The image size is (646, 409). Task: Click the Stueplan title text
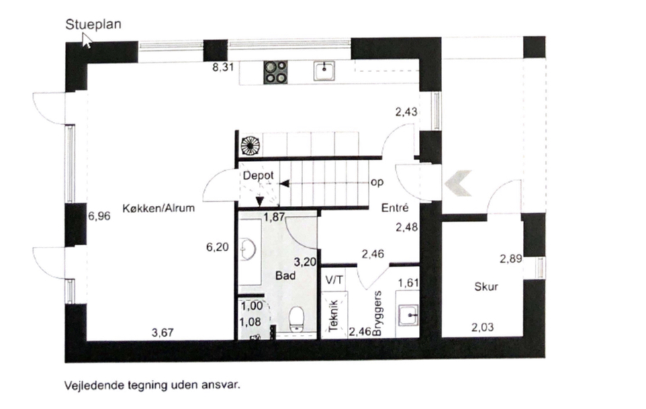tap(93, 24)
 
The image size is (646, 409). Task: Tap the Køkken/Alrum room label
tap(159, 208)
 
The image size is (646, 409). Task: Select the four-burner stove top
tap(275, 72)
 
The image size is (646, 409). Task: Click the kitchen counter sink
tap(324, 71)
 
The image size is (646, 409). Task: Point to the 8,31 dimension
tap(223, 67)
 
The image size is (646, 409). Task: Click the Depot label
tap(258, 175)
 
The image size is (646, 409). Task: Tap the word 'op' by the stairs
tap(377, 182)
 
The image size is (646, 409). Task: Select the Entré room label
tap(395, 208)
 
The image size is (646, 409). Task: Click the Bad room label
tap(285, 275)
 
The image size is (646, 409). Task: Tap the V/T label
tap(334, 280)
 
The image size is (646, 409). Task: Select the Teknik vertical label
tap(334, 316)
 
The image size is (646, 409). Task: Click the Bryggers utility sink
tap(408, 315)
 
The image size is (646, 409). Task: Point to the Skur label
tap(486, 287)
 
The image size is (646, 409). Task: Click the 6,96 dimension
tap(99, 216)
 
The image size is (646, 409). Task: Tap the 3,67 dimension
tap(163, 332)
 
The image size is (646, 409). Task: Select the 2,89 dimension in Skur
tap(511, 259)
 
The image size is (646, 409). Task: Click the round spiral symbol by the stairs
tap(250, 146)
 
